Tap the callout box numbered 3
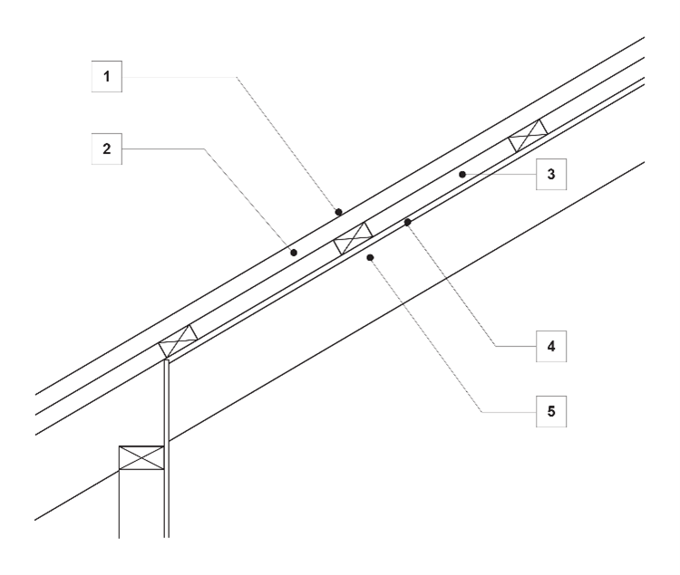coord(550,173)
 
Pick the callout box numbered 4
coord(550,345)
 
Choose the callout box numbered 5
coord(550,411)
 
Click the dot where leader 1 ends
coord(338,212)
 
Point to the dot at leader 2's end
coord(293,254)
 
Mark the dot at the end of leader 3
coord(461,173)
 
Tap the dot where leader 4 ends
coord(407,222)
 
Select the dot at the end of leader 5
coord(370,258)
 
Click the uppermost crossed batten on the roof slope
coord(529,136)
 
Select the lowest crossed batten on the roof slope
coord(179,341)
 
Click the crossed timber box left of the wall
coord(141,457)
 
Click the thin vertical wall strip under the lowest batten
coord(167,453)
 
